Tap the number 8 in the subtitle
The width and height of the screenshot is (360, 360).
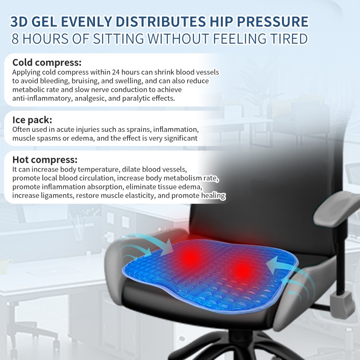point(15,38)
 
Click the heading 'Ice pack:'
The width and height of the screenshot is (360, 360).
point(32,120)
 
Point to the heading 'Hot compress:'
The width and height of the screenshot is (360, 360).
point(45,160)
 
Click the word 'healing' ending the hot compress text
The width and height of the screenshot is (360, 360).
point(212,196)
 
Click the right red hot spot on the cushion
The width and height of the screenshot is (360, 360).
point(243,270)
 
